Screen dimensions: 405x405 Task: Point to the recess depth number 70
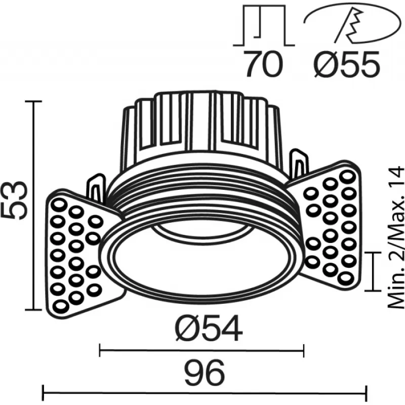point(263,64)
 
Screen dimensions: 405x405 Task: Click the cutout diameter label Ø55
point(347,64)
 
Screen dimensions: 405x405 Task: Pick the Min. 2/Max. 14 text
point(396,237)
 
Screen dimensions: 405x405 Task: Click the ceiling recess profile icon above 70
point(264,25)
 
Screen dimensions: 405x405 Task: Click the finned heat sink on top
point(201,127)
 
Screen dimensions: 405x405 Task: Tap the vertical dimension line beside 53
point(33,206)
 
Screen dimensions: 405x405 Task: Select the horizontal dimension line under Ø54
point(201,350)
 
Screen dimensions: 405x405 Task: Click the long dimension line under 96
point(205,393)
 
